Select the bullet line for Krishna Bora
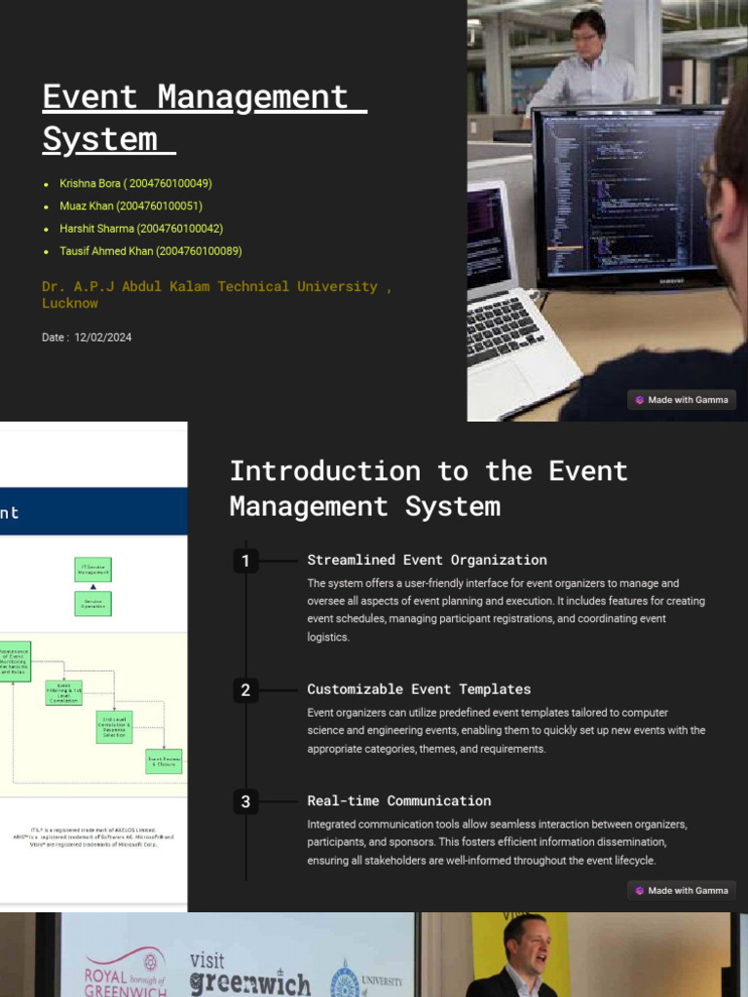(x=135, y=184)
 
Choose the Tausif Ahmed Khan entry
(x=150, y=251)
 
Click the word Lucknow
(x=70, y=304)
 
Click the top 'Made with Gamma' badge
(x=682, y=400)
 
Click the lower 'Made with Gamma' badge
(x=682, y=891)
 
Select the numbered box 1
(x=245, y=561)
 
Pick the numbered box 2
(x=245, y=690)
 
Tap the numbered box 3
(x=245, y=802)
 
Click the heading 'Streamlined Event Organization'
(x=427, y=560)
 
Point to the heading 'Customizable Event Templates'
(x=419, y=689)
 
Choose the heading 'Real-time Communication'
(x=398, y=801)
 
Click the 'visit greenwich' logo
(x=248, y=973)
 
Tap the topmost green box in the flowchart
(x=93, y=570)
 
